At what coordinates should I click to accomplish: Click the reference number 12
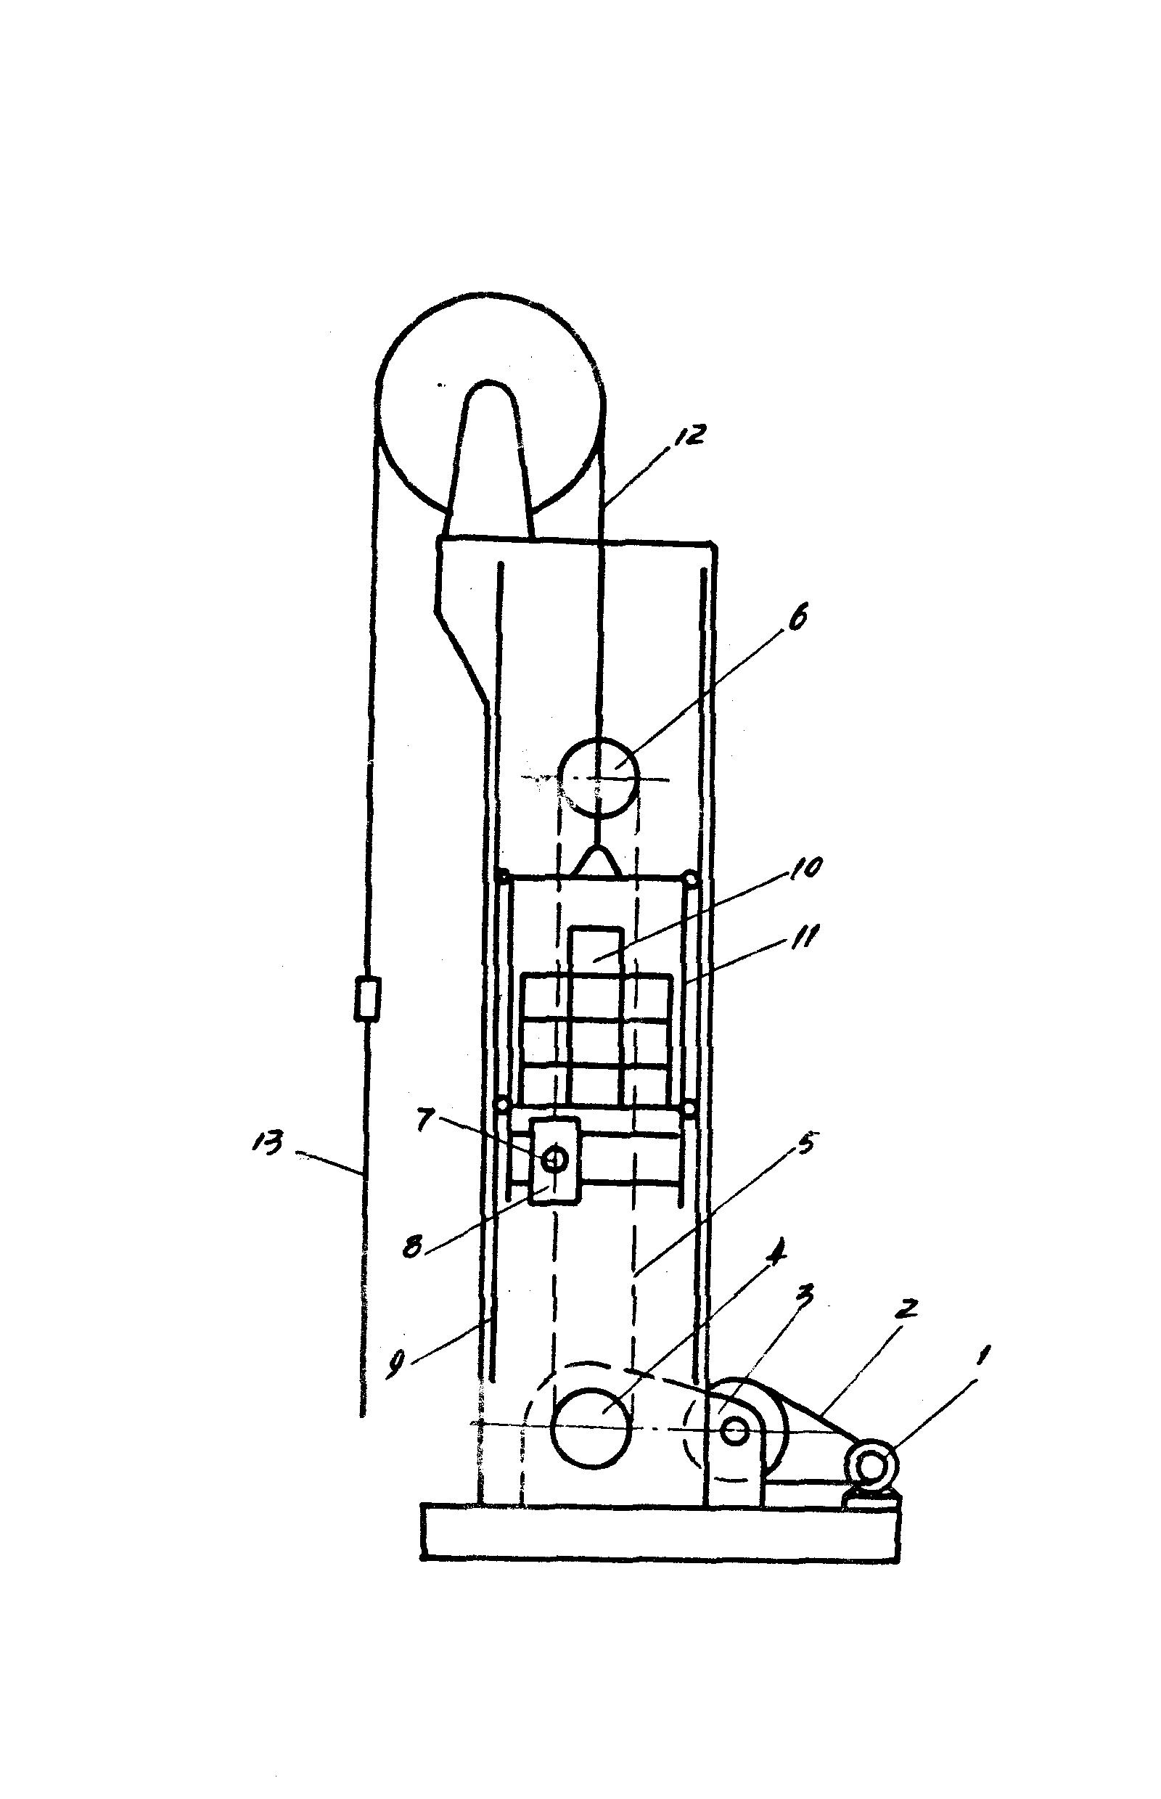[686, 435]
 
